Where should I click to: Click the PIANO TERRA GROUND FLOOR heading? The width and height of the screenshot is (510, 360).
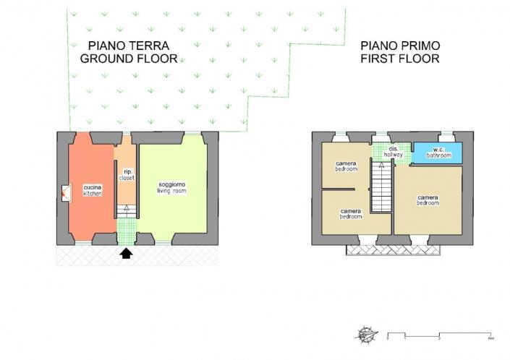coord(128,53)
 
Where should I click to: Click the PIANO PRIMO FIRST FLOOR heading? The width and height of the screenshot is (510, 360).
coord(400,53)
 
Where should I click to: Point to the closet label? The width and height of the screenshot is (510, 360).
coord(127,174)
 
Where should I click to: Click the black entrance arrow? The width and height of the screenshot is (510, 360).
coord(127,253)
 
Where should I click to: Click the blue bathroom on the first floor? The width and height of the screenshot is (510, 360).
coord(438,153)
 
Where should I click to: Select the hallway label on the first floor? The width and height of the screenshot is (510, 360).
coord(393,153)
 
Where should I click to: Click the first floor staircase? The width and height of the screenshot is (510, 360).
coord(381,187)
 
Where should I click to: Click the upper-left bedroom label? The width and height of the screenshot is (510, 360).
coord(346,166)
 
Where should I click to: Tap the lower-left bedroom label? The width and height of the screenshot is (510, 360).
coord(351,214)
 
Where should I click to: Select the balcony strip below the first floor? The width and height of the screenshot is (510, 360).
coord(394,249)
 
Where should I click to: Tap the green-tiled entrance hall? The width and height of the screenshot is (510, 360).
coord(127,231)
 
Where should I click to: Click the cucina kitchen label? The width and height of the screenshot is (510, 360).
coord(92,191)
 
